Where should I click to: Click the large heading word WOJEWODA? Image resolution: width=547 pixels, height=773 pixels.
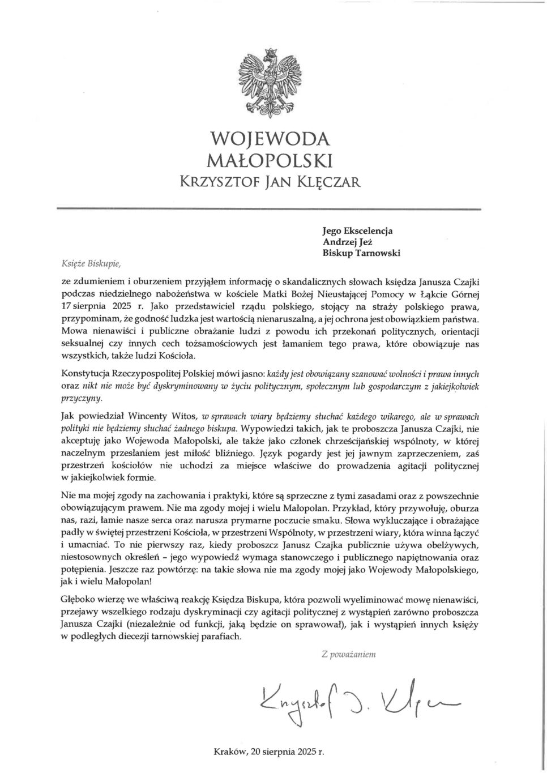pos(270,139)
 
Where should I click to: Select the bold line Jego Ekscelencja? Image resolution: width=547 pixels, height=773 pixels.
pos(357,231)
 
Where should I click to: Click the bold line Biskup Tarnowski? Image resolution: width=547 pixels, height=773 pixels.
pos(361,253)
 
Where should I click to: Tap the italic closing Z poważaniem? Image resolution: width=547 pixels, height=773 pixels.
pos(348,654)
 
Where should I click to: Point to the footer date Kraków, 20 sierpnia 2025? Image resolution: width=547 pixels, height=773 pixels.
pos(269,753)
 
